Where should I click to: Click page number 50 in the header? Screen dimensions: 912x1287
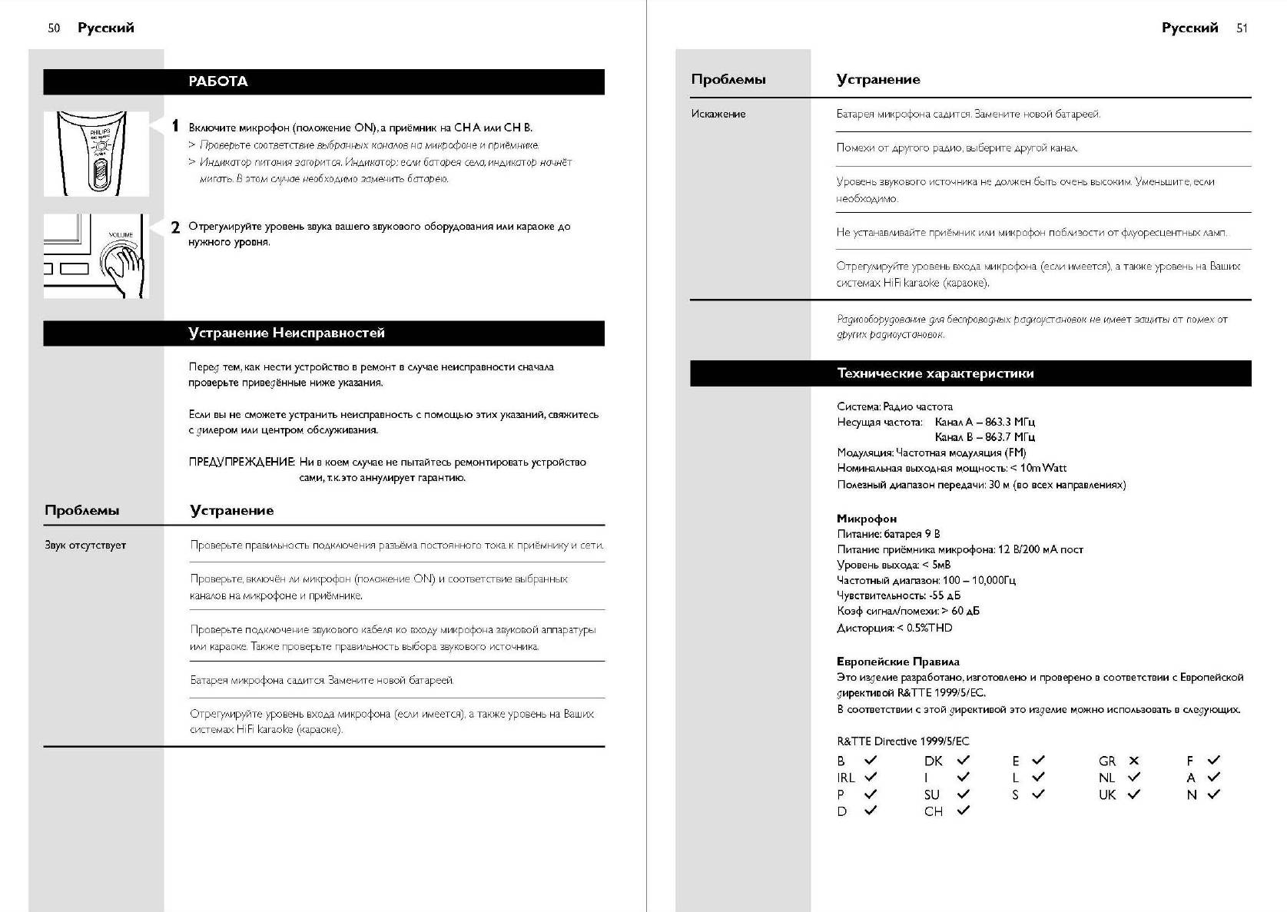pos(54,28)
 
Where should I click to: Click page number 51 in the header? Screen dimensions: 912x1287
pos(1242,28)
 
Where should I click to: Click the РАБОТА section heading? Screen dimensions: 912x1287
pos(218,81)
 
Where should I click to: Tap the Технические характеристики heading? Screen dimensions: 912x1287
pos(935,374)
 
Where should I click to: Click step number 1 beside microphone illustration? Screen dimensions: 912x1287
pos(175,126)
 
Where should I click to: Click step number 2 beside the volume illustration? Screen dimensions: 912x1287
pos(175,227)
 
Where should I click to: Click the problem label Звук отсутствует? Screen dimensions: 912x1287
pos(85,546)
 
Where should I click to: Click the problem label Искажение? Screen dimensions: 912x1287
pos(718,114)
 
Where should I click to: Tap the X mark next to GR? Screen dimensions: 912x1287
pos(1133,761)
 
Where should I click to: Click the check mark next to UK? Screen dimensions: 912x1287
pos(1133,794)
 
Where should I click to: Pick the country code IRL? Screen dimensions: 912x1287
pos(845,778)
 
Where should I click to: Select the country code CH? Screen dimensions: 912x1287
pos(933,811)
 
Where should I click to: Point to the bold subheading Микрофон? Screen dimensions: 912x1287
pos(867,519)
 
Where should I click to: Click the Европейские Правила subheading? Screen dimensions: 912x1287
pos(897,662)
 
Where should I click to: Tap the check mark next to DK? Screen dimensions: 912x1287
pos(963,760)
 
